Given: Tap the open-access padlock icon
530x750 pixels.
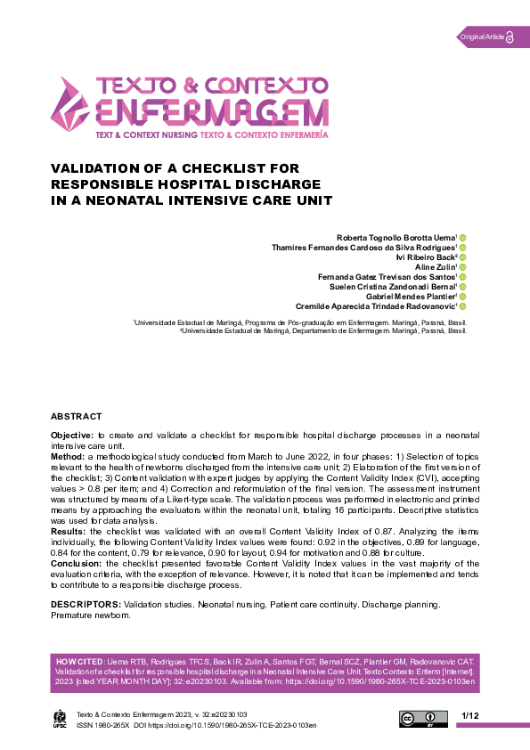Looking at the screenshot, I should [511, 37].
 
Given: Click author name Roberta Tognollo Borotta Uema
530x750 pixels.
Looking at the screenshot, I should [395, 238].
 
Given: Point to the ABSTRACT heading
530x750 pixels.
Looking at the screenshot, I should [76, 416].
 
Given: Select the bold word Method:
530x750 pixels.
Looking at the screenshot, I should [68, 455].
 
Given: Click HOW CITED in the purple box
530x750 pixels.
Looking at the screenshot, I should [79, 663].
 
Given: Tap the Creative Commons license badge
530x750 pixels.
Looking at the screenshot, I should [423, 719].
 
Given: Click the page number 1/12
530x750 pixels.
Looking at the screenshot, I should [470, 716].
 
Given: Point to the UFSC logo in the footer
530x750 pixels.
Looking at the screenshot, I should [61, 719].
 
